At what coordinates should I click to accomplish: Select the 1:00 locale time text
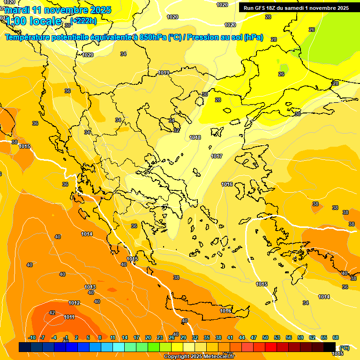[x=33, y=21]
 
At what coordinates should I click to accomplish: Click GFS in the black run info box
[x=261, y=8]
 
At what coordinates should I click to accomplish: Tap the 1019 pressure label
[x=164, y=73]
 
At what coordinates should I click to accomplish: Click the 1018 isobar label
[x=195, y=137]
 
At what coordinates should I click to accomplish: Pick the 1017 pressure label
[x=217, y=156]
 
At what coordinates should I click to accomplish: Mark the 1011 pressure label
[x=69, y=317]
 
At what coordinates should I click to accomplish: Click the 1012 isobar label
[x=74, y=303]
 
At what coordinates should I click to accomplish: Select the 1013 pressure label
[x=90, y=287]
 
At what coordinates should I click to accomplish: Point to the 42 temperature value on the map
[x=52, y=313]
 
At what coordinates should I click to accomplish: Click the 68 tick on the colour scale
[x=336, y=337]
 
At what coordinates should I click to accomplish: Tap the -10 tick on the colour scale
[x=32, y=337]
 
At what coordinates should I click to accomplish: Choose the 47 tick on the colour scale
[x=254, y=337]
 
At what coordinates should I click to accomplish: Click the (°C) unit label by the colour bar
[x=344, y=347]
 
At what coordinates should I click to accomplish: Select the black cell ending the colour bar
[x=330, y=347]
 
